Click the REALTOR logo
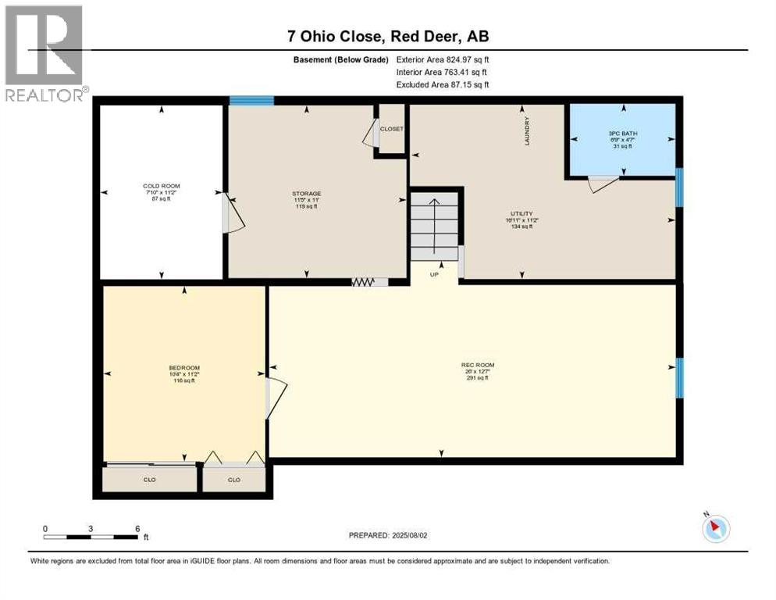click(44, 52)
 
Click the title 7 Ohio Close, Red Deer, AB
click(387, 36)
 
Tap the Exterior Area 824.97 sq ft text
click(443, 59)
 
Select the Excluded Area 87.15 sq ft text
click(443, 84)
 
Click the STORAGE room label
click(307, 193)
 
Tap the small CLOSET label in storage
click(391, 128)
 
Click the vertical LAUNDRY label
click(528, 130)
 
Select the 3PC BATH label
click(623, 134)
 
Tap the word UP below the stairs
click(435, 274)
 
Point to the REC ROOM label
click(477, 365)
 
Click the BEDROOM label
click(184, 368)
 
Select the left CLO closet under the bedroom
click(150, 480)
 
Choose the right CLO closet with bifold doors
click(233, 480)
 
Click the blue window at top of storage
click(251, 100)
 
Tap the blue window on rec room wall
click(678, 377)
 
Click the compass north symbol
click(716, 528)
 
